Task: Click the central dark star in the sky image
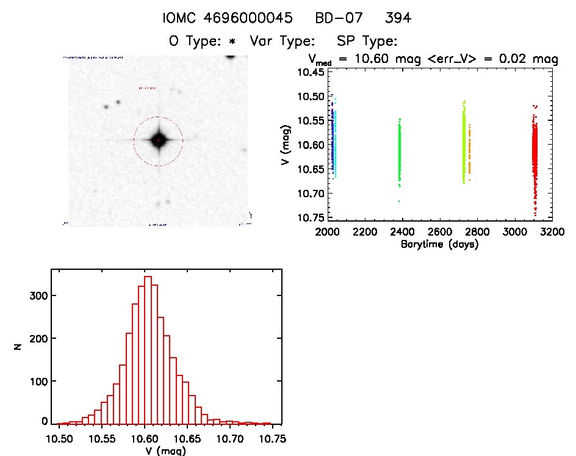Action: point(158,140)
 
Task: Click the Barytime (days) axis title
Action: point(439,245)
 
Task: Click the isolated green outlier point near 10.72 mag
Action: point(399,201)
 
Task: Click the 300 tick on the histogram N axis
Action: point(37,295)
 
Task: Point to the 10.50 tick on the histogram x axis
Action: point(59,438)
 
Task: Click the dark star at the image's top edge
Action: point(230,57)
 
